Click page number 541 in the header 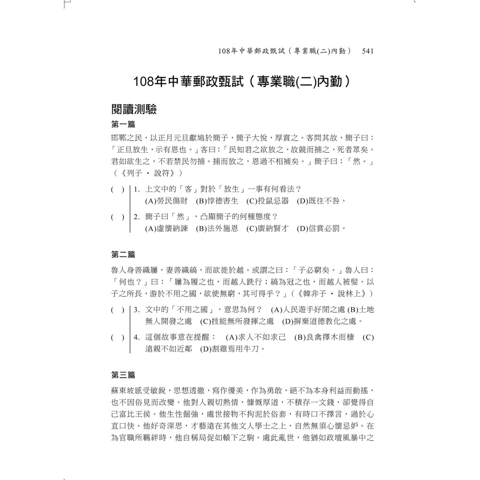tap(367, 51)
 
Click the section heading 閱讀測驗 tap(134, 110)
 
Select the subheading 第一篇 tap(123, 125)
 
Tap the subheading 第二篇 tap(123, 255)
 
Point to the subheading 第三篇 tap(123, 375)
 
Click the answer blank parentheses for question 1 tap(118, 190)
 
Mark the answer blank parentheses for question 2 tap(118, 217)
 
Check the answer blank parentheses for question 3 tap(118, 310)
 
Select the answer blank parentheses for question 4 tap(118, 337)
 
